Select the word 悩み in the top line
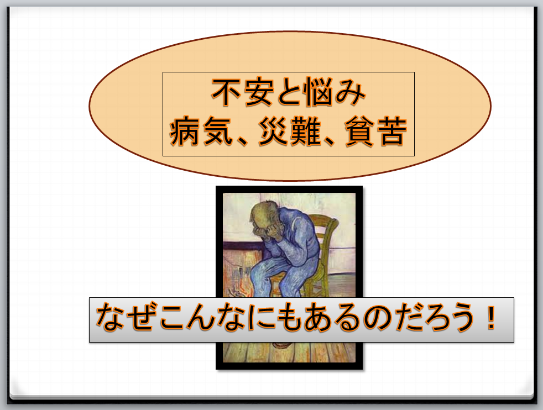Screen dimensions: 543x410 point(334,92)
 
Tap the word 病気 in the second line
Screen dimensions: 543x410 point(201,132)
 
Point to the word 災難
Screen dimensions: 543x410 point(290,132)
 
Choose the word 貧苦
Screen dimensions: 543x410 point(376,132)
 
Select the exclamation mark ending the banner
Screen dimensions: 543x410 point(490,318)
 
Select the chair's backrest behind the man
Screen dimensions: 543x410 point(324,239)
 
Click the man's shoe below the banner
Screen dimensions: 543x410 point(282,345)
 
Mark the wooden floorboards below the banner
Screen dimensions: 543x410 point(289,353)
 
